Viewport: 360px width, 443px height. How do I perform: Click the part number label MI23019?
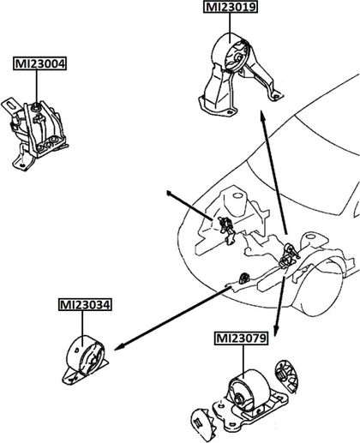click(x=231, y=7)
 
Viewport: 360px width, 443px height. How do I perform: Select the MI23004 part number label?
click(x=39, y=63)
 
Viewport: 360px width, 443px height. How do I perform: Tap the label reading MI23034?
click(x=85, y=305)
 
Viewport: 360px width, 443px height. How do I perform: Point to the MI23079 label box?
click(x=241, y=338)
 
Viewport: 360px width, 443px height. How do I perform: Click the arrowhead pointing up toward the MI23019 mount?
click(x=262, y=117)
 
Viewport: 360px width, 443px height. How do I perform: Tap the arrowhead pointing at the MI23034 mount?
click(x=119, y=347)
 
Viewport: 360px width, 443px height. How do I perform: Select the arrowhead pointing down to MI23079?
click(x=275, y=331)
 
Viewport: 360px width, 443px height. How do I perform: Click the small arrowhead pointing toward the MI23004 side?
click(x=170, y=194)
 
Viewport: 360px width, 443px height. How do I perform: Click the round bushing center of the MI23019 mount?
click(x=237, y=58)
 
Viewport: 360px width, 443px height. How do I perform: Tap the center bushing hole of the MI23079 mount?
click(x=238, y=398)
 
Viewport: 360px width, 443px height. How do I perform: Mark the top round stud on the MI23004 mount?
click(x=36, y=107)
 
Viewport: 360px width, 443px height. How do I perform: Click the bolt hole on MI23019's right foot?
click(x=275, y=97)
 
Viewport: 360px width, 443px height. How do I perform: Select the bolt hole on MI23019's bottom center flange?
click(x=229, y=111)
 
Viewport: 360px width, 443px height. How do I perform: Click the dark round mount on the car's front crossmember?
click(x=243, y=278)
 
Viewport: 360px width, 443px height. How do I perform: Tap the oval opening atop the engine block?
click(x=237, y=196)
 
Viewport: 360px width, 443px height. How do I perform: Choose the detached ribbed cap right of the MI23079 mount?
click(x=286, y=375)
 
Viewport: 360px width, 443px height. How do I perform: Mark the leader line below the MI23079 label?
click(x=243, y=362)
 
